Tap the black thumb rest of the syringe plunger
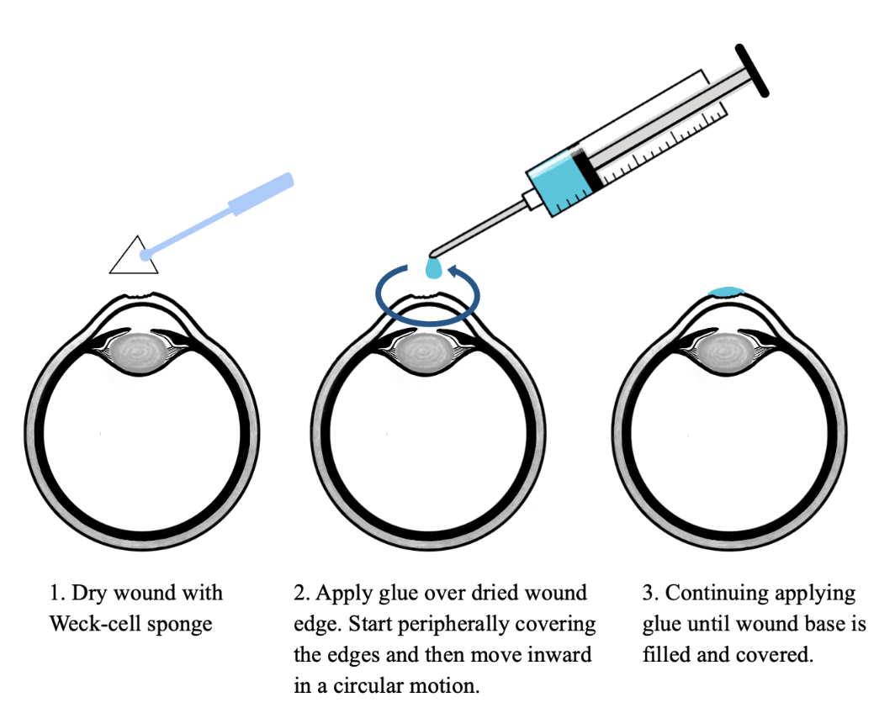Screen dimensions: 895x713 point(752,70)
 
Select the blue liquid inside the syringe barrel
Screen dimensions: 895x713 point(558,182)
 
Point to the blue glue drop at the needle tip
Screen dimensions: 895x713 point(434,269)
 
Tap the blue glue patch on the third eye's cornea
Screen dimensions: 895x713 point(726,292)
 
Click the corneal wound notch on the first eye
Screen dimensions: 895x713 point(139,295)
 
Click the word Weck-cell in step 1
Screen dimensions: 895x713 point(95,623)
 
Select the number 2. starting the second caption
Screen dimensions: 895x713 point(302,593)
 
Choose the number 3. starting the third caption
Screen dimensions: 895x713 point(651,593)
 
